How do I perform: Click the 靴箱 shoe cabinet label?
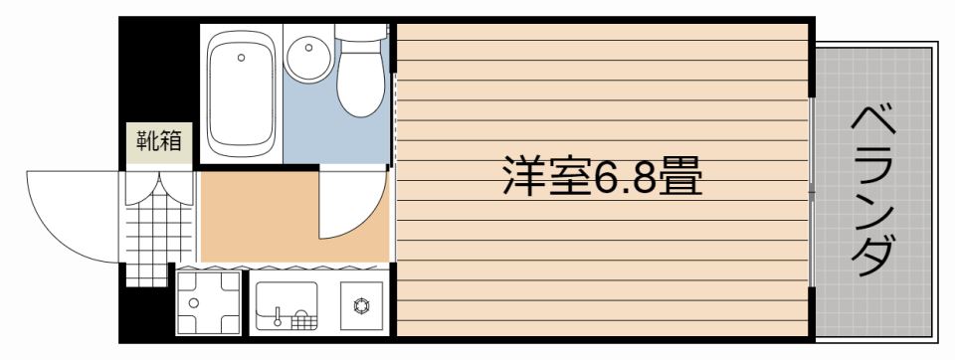(x=159, y=141)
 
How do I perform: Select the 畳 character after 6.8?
(x=679, y=179)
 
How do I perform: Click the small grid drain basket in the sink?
(x=303, y=320)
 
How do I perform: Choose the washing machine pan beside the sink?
(x=209, y=301)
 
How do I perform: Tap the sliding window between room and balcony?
(x=814, y=189)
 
